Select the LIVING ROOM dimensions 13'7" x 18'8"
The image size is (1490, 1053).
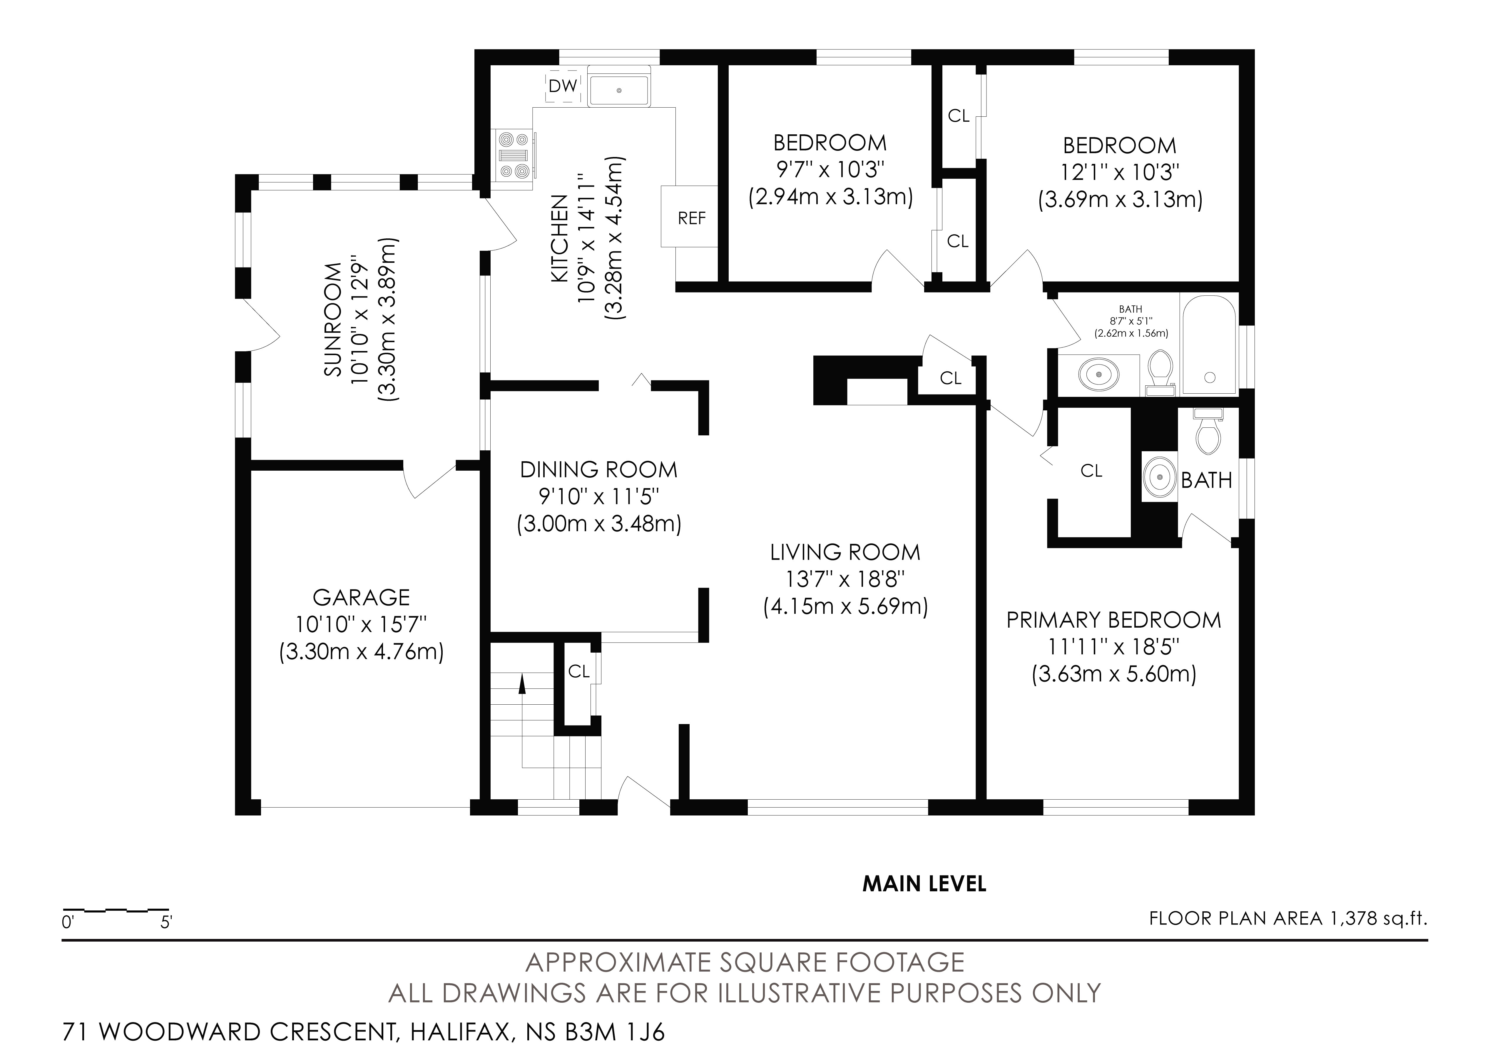coord(845,579)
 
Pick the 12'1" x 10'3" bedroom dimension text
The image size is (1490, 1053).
coord(1119,172)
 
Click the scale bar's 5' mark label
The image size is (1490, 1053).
coord(166,922)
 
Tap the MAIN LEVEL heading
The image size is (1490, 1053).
coord(924,884)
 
